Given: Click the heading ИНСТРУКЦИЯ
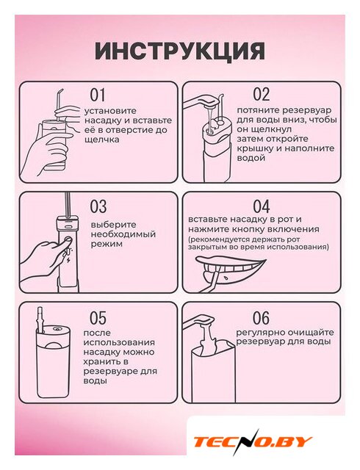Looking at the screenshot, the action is [x=180, y=51].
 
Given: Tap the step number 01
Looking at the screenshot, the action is [x=98, y=95].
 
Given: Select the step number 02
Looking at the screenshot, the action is [x=262, y=94].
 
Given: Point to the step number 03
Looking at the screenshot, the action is [x=98, y=206].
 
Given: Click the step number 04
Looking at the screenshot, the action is [x=262, y=206].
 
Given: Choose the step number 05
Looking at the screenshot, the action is [x=98, y=318].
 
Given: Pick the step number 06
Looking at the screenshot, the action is [x=261, y=318].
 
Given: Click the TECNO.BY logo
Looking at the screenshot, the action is [x=253, y=441].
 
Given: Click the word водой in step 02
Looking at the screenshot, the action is [x=251, y=158].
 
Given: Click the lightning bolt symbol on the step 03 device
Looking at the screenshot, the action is [x=68, y=259].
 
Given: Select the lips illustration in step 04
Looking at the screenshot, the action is [x=231, y=268].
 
